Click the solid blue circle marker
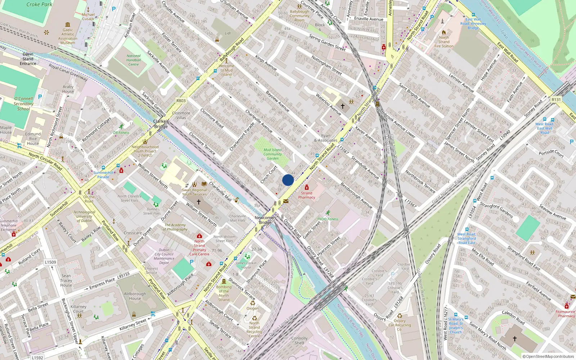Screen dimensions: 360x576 point(288,180)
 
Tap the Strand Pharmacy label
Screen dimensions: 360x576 point(307,195)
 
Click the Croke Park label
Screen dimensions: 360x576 point(39,5)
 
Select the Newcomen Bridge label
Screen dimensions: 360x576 point(265,220)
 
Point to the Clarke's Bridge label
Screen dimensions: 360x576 point(161,124)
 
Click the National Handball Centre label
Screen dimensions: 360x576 point(134,60)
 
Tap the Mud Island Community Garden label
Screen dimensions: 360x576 point(273,154)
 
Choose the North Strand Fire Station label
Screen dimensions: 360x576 point(444,42)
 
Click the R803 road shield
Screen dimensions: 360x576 point(181,101)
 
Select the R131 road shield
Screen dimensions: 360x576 point(556,100)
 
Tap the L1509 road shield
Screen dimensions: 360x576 point(50,262)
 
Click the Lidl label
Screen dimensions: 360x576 point(228,33)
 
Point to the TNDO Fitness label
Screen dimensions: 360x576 point(328,219)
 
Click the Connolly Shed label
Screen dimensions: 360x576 point(300,341)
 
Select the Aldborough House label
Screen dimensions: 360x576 point(135,296)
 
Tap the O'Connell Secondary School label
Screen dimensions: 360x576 point(23,104)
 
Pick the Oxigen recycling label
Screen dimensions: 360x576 point(252,308)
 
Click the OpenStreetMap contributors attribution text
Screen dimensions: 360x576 point(548,356)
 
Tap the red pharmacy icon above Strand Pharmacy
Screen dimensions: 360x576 point(307,188)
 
